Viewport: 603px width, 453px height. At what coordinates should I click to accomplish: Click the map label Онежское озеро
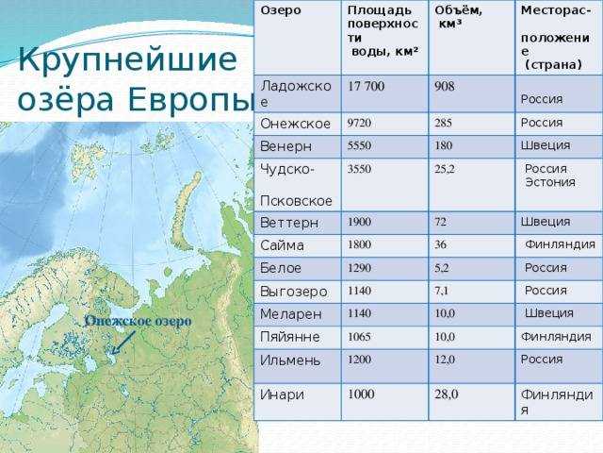coord(139,321)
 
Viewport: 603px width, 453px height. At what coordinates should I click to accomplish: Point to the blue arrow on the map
coord(123,343)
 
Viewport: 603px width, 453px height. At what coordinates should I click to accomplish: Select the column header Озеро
coord(281,10)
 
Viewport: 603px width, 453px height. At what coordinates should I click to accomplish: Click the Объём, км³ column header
coord(458,17)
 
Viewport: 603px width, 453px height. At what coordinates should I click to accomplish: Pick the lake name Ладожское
coord(295,93)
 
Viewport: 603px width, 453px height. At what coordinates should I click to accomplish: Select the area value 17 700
coord(366,86)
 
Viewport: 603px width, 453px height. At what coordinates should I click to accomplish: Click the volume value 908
coord(445,86)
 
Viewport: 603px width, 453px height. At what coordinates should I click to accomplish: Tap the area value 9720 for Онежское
coord(359,123)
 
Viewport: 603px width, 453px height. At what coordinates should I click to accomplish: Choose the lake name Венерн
coord(285,146)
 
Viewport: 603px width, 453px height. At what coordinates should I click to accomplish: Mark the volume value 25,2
coord(445,169)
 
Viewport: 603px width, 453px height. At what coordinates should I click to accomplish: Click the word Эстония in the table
coord(550,182)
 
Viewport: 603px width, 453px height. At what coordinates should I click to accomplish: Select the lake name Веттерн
coord(289,223)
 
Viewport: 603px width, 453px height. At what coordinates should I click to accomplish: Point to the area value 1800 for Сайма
coord(359,244)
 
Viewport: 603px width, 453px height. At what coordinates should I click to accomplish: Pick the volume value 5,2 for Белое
coord(442,268)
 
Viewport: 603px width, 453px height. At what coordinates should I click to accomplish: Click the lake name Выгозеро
coord(294,292)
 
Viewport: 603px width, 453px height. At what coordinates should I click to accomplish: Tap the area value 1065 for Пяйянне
coord(359,337)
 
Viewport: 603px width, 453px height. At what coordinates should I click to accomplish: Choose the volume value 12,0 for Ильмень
coord(445,360)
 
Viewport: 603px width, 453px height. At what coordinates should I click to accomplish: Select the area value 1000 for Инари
coord(361,394)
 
